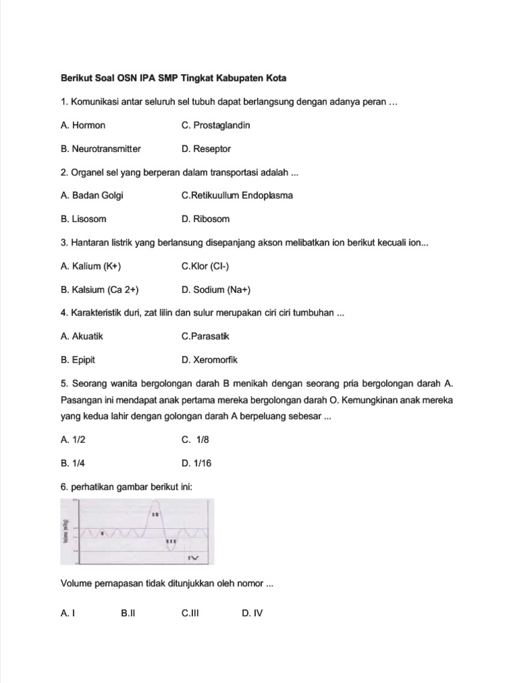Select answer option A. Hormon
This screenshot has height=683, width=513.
click(83, 125)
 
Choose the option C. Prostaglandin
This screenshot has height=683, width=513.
click(216, 125)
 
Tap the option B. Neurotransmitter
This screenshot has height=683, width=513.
click(100, 149)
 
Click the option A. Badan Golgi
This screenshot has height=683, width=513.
click(92, 195)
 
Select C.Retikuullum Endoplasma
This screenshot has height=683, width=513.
click(236, 195)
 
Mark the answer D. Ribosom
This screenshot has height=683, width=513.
click(205, 219)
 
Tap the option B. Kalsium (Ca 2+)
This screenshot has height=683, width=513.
click(100, 289)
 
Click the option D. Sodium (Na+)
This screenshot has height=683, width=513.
click(216, 289)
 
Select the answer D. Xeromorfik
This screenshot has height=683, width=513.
click(209, 360)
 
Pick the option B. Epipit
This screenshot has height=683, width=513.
click(77, 360)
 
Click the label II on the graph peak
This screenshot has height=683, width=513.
click(156, 514)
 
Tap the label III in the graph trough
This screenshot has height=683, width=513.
click(170, 542)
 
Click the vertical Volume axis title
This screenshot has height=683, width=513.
click(65, 532)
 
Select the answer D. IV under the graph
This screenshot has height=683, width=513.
click(252, 613)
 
